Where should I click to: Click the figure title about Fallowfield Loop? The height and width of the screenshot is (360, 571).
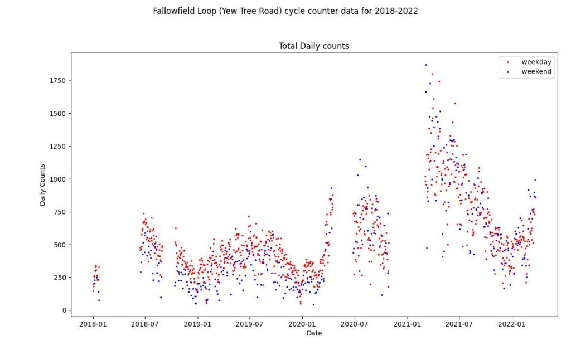(285, 11)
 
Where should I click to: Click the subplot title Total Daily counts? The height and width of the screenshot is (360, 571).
(313, 46)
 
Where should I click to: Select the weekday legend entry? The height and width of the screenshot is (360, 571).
(536, 62)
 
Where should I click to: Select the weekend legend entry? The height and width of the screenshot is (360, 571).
(536, 71)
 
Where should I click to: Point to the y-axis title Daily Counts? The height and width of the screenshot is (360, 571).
(42, 185)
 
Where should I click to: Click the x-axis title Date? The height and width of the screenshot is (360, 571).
(314, 333)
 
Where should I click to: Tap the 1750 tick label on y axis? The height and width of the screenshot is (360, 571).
(57, 81)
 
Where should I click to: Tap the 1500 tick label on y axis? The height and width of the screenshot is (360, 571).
(57, 114)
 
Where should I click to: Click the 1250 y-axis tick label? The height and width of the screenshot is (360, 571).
(57, 147)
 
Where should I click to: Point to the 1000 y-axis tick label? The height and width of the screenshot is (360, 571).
(57, 179)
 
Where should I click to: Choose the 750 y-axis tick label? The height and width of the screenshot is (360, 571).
(59, 212)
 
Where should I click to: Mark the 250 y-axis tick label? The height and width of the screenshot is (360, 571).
(59, 278)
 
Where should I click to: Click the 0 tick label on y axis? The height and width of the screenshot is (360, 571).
(63, 310)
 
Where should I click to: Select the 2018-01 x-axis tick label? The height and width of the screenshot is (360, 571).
(93, 323)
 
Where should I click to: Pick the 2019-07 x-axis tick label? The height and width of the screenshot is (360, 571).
(249, 323)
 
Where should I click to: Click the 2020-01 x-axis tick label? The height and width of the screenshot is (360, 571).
(302, 323)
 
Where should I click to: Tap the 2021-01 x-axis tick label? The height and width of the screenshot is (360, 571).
(407, 323)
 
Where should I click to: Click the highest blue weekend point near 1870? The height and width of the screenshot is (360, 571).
(426, 65)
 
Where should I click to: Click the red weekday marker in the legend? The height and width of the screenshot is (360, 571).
(507, 62)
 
